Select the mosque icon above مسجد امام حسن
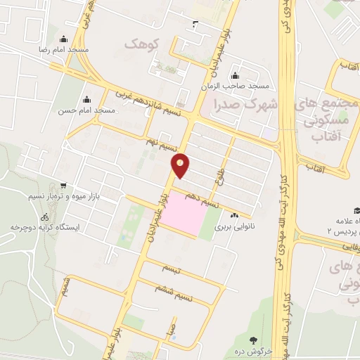tap(87, 99)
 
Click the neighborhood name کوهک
tap(142, 44)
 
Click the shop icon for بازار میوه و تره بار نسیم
tap(64, 186)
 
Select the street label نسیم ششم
tap(169, 289)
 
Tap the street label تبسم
tap(170, 269)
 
